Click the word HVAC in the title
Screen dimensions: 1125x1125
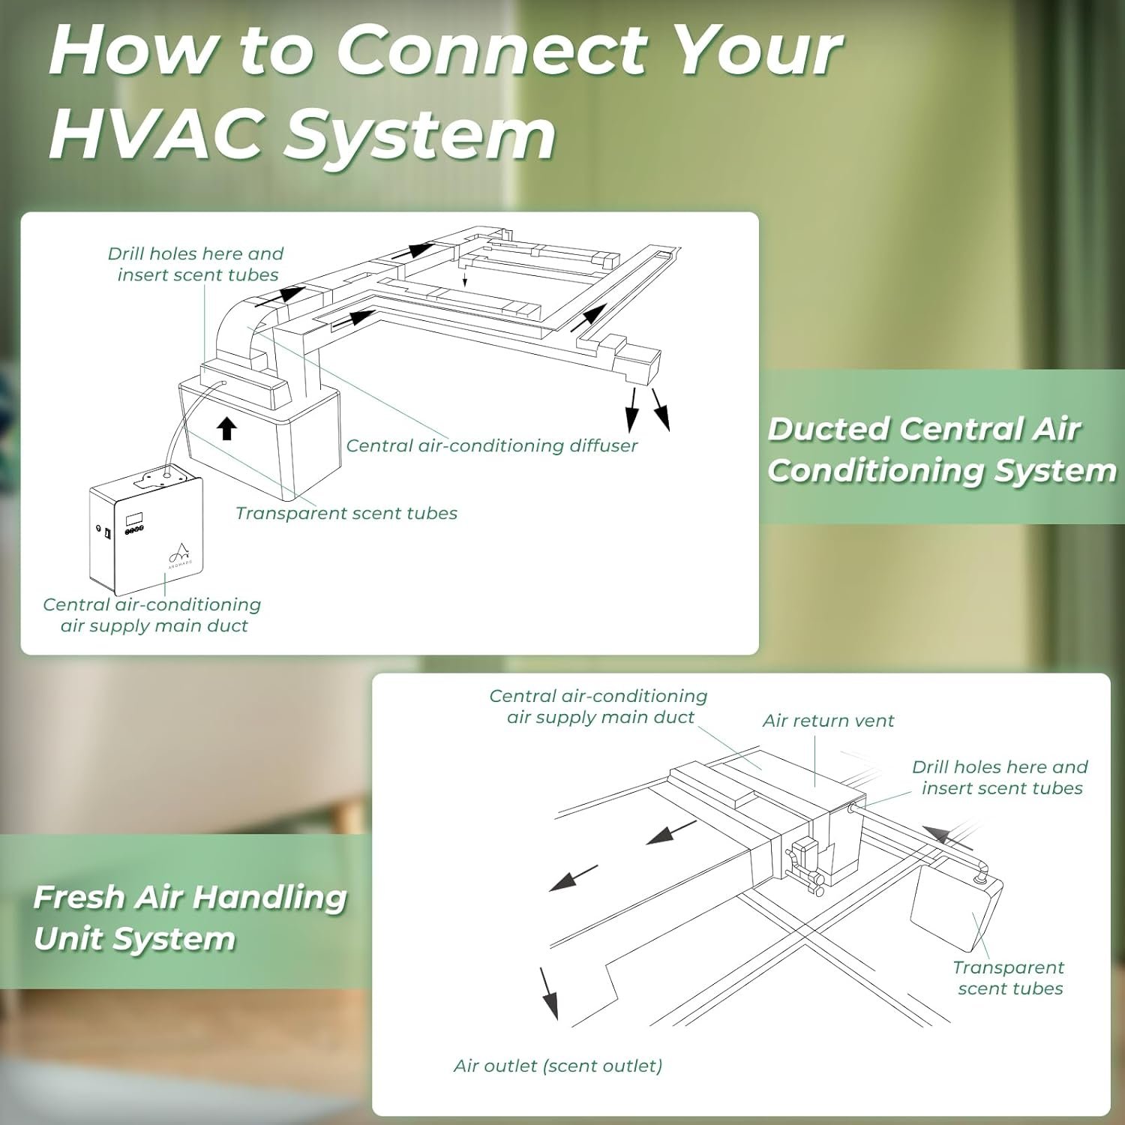point(154,135)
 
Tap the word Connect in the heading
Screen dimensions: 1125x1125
point(490,51)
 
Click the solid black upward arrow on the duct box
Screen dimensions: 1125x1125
point(226,428)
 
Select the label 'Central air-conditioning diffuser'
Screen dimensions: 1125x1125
point(491,445)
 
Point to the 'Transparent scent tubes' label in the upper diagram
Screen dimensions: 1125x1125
point(346,513)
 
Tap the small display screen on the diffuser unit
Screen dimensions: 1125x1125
point(134,518)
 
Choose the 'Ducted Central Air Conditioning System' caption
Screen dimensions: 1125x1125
point(941,449)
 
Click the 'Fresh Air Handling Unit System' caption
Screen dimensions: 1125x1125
point(190,917)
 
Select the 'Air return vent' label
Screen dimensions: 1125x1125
point(828,721)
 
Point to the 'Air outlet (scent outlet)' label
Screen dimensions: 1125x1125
point(558,1066)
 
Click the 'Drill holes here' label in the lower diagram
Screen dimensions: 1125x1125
point(1000,777)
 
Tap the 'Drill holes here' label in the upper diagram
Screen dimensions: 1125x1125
point(196,264)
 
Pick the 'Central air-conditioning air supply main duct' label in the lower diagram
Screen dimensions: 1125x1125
point(598,706)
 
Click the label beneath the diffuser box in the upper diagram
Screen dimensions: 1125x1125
point(152,615)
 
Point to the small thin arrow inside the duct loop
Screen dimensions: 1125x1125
point(465,278)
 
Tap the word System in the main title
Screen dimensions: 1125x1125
point(420,135)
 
